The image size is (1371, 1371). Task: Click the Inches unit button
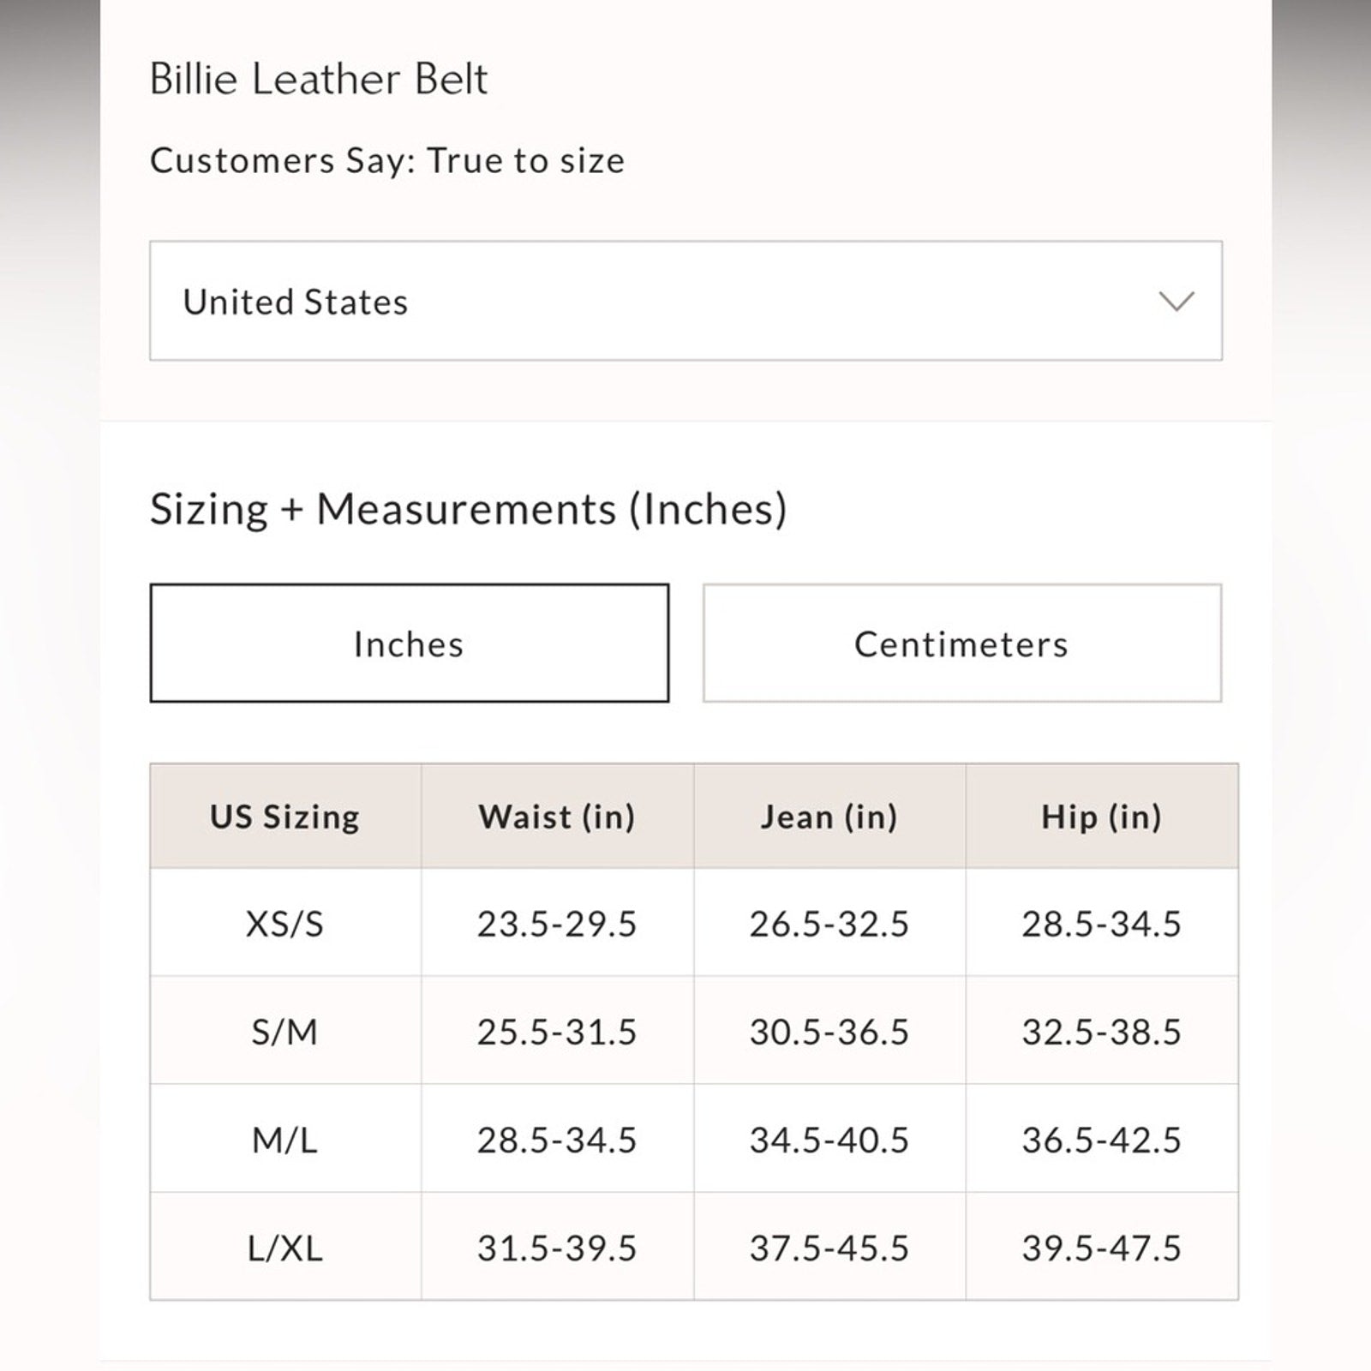[409, 644]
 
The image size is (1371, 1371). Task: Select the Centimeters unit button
[961, 644]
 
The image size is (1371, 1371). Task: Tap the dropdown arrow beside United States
[1176, 301]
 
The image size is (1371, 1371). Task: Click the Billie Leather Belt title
[318, 79]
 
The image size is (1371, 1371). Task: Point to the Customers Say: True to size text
[387, 160]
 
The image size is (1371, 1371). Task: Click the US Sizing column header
[284, 817]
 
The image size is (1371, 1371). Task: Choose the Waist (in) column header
[557, 817]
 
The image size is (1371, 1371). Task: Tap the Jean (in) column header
[829, 817]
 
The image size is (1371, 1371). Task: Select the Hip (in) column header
[1101, 817]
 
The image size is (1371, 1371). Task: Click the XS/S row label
[284, 924]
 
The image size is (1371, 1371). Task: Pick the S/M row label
[284, 1032]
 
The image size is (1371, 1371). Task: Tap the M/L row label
[284, 1140]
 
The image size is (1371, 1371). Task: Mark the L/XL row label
[284, 1248]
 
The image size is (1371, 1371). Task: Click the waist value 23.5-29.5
[557, 924]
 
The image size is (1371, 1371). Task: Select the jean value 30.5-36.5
[829, 1032]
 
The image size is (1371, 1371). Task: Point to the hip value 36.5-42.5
[1101, 1140]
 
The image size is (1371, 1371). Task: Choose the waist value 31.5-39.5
[557, 1248]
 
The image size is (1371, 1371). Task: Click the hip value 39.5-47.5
[1101, 1248]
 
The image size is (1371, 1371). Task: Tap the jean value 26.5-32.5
[829, 924]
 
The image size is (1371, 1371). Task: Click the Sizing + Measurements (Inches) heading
[468, 509]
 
